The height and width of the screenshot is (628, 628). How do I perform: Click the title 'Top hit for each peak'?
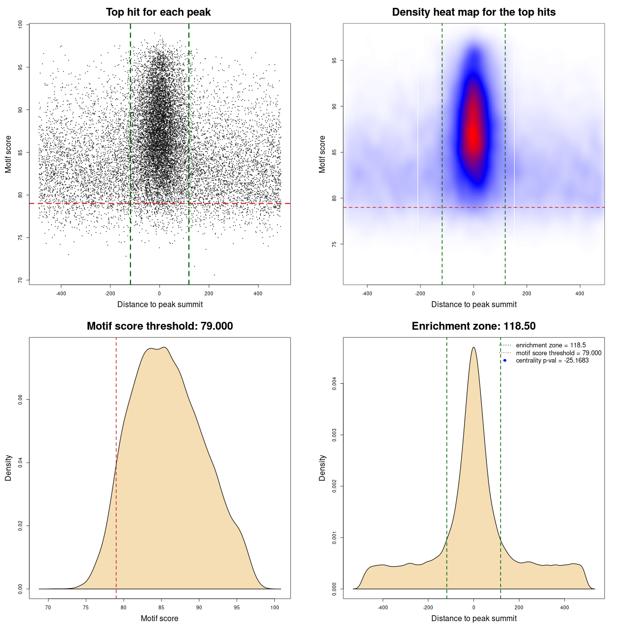click(x=158, y=12)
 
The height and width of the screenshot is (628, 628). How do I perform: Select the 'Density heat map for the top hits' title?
click(x=473, y=12)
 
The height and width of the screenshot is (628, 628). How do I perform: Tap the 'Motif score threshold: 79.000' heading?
click(x=159, y=326)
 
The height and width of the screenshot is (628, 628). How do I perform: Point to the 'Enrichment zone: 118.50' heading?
click(x=473, y=326)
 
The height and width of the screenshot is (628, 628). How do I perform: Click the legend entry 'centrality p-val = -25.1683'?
click(x=552, y=361)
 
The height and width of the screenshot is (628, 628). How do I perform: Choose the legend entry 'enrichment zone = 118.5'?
click(x=550, y=345)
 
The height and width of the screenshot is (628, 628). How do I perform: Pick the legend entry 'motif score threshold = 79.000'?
click(x=558, y=353)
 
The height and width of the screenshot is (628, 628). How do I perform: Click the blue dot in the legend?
click(x=505, y=361)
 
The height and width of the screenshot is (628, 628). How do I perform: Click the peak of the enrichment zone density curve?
click(x=473, y=347)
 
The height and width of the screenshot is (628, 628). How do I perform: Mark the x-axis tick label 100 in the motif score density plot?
click(x=275, y=607)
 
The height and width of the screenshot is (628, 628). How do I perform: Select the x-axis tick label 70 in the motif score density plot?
click(x=48, y=607)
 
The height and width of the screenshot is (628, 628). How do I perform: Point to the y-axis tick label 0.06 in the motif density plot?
click(x=20, y=400)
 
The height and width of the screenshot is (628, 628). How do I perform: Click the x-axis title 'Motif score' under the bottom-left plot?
click(x=159, y=618)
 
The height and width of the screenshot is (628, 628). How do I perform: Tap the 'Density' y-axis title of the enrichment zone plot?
click(x=322, y=468)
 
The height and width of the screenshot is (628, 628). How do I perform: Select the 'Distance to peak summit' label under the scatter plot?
click(x=160, y=304)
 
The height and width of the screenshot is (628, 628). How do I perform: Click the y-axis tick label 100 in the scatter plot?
click(x=20, y=25)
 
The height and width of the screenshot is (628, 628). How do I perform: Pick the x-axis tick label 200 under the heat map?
click(x=526, y=293)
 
